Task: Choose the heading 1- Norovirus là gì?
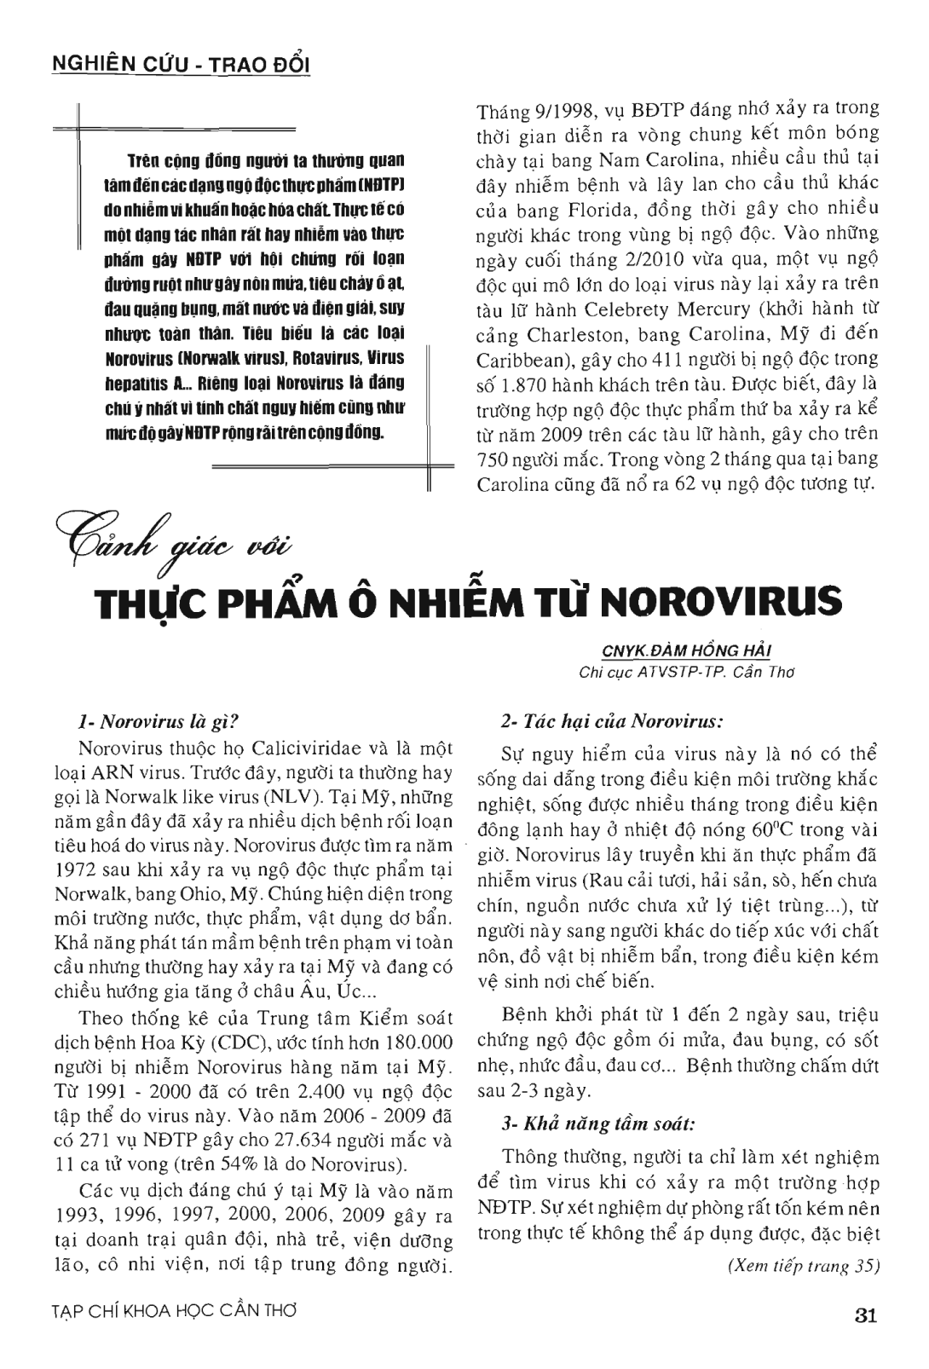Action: click(x=164, y=723)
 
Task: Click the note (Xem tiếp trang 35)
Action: click(x=801, y=1266)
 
